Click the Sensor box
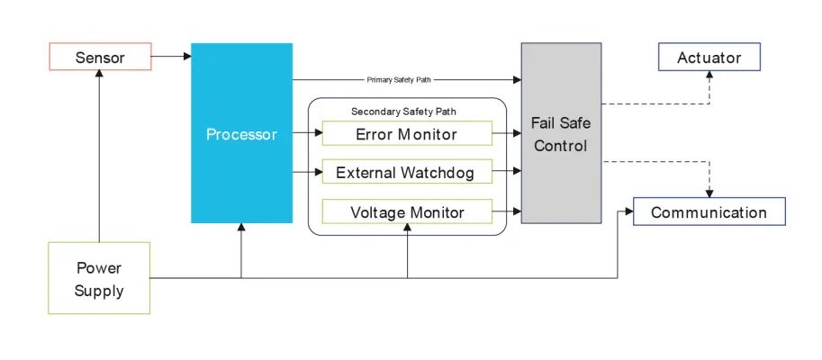99,58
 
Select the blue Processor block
241,133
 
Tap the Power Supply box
99,279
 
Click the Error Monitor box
407,134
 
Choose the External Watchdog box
407,172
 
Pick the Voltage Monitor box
407,212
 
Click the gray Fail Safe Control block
561,133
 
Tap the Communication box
709,212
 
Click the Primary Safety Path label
399,79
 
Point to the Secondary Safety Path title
402,112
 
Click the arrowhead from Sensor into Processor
186,58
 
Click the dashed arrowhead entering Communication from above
709,193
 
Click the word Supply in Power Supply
99,291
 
